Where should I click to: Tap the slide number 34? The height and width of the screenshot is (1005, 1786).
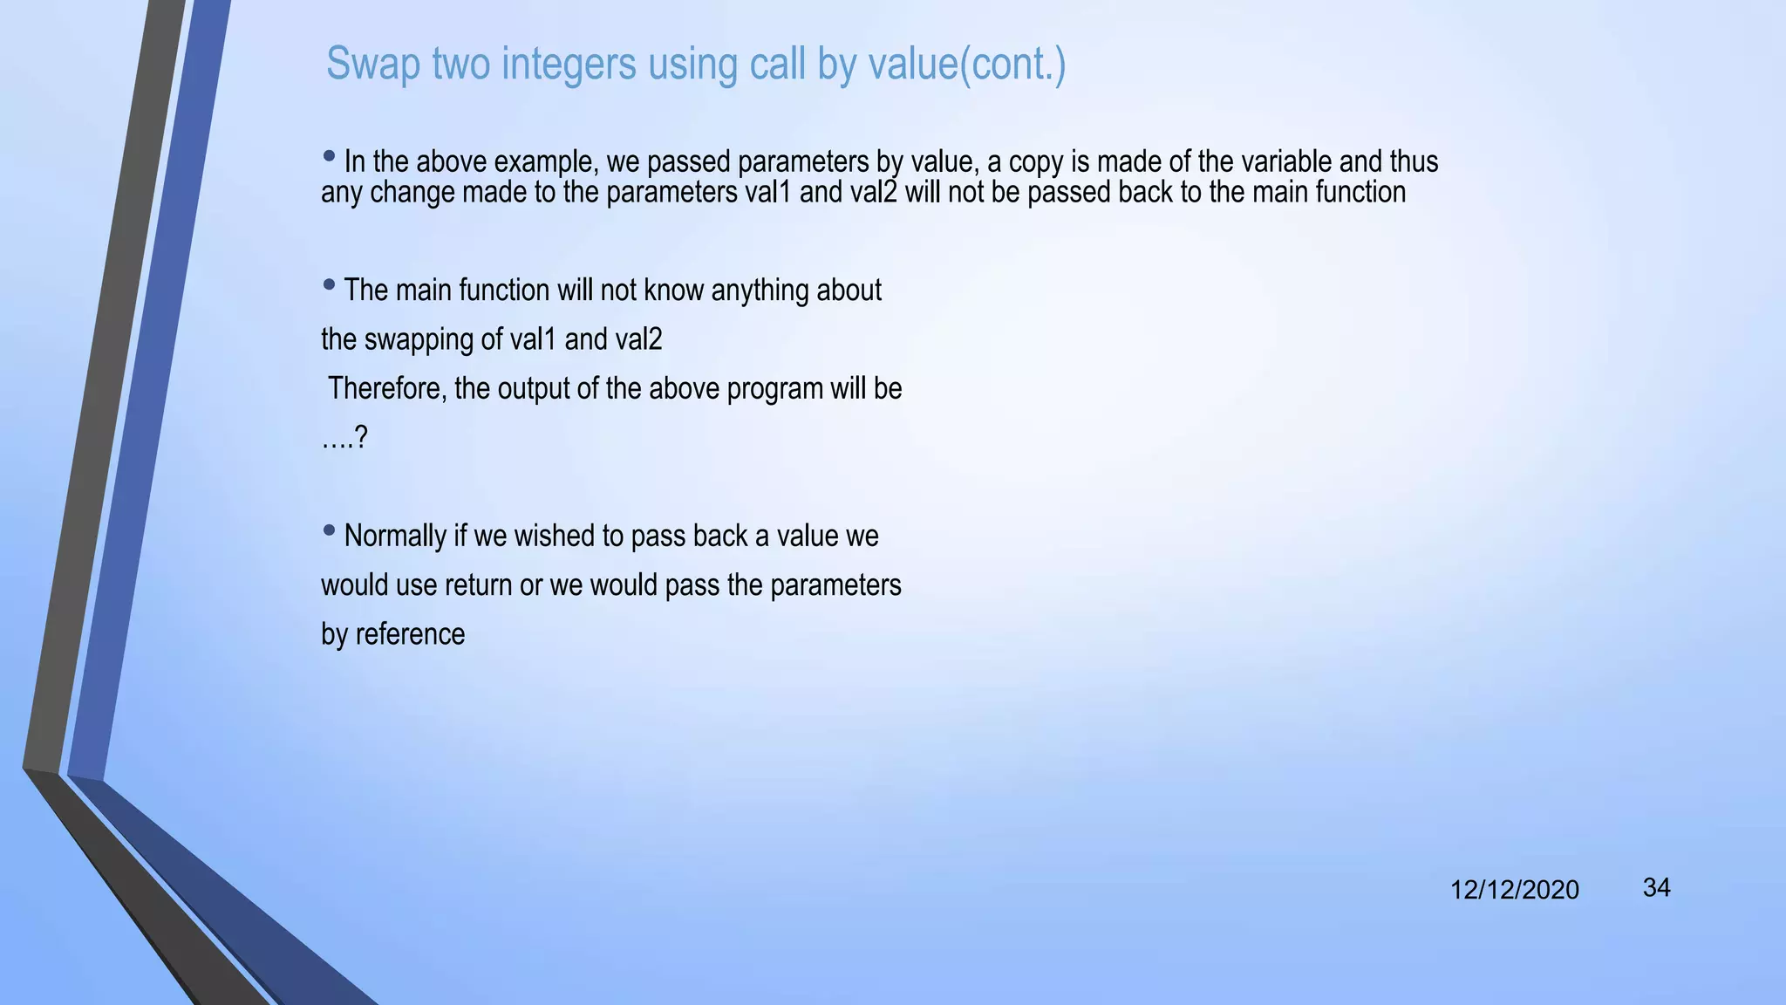pyautogui.click(x=1656, y=888)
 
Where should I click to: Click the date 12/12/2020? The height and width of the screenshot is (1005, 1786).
pyautogui.click(x=1514, y=890)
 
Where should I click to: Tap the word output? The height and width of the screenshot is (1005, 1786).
pyautogui.click(x=533, y=388)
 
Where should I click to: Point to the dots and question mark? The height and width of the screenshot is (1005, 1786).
pyautogui.click(x=344, y=438)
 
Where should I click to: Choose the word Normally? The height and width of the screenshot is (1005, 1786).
pyautogui.click(x=395, y=536)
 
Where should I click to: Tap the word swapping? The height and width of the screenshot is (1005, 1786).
pyautogui.click(x=418, y=339)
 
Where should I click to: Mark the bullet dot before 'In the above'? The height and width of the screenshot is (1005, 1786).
pyautogui.click(x=329, y=157)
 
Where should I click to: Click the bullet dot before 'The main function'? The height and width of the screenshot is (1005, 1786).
pyautogui.click(x=329, y=284)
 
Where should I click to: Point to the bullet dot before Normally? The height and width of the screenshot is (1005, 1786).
pyautogui.click(x=329, y=530)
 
